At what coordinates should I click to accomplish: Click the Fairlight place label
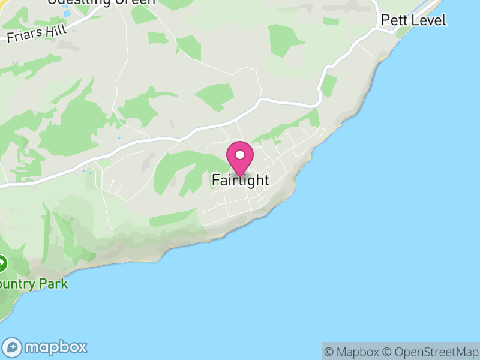point(240,180)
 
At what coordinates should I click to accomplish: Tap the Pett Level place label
point(413,20)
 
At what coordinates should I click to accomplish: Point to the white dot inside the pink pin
point(240,155)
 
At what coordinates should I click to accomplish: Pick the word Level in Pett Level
point(428,20)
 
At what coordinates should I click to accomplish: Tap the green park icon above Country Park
point(2,262)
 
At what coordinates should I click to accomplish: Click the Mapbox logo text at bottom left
point(55,347)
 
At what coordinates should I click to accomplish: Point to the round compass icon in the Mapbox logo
point(13,347)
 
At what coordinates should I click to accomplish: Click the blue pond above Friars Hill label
point(67,13)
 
